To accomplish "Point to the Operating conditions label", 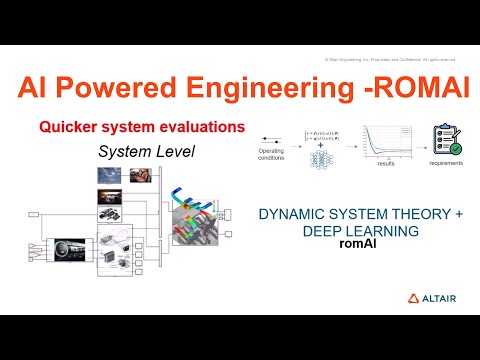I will [270, 155].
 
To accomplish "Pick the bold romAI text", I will [358, 243].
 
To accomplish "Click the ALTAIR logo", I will [431, 298].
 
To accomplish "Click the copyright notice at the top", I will [393, 59].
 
